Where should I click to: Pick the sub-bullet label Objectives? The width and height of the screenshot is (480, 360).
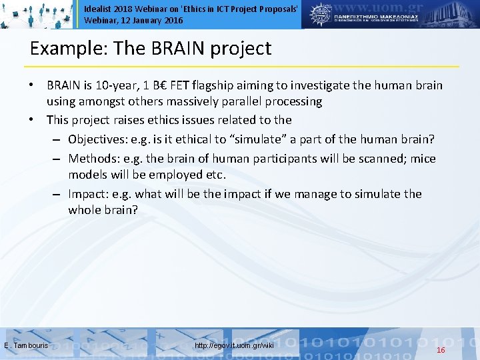(x=98, y=139)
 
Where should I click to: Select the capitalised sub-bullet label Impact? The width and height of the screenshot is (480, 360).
(x=89, y=193)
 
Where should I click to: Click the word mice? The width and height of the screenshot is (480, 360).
(x=422, y=159)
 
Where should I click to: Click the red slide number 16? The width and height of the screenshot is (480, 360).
(x=440, y=350)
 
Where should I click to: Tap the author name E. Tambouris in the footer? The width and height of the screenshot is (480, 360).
(x=25, y=346)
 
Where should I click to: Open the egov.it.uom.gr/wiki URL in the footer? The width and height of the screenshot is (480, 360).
(x=234, y=346)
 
